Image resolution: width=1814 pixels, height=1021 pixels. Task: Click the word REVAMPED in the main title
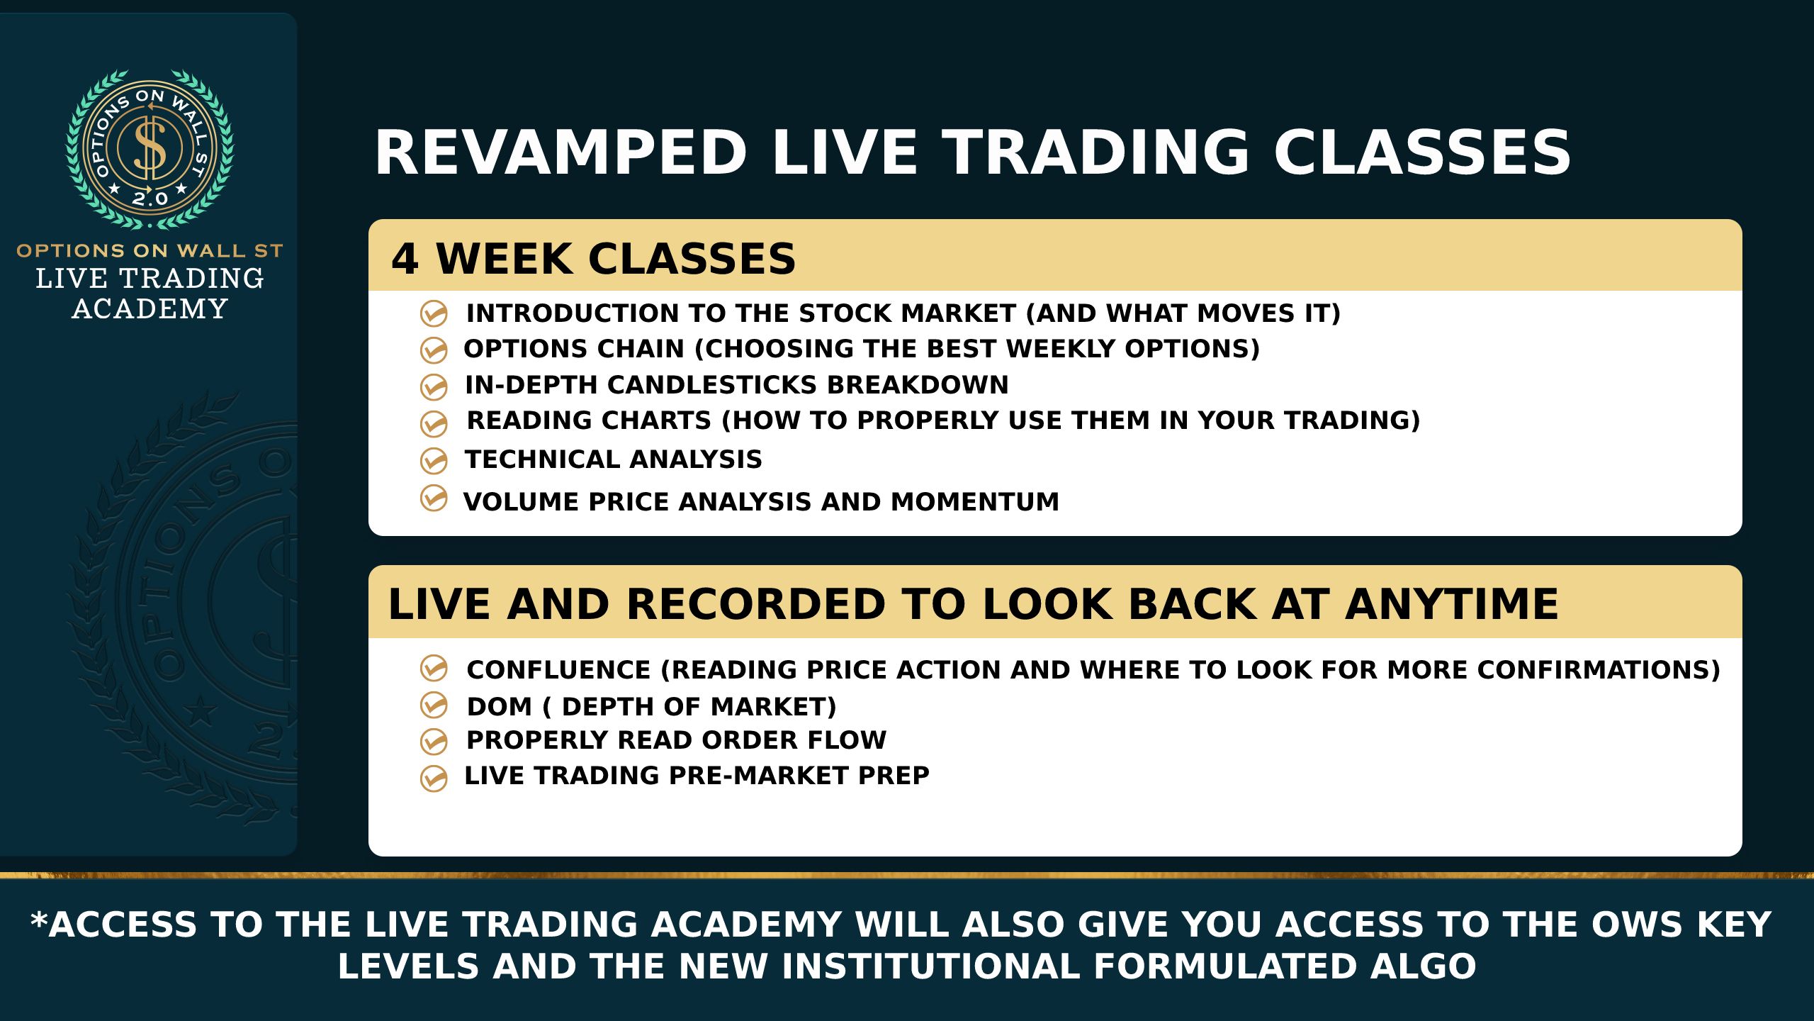560,152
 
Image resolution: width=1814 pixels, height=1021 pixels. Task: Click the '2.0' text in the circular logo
150,198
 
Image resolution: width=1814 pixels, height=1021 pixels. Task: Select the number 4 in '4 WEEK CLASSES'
405,259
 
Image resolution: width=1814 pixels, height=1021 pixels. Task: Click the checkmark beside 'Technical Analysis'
434,461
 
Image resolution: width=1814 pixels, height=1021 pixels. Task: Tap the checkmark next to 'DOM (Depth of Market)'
434,705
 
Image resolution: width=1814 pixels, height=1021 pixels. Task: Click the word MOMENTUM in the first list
975,502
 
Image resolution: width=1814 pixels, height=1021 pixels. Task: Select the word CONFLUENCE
558,670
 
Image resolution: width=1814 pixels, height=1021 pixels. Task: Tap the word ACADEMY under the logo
150,309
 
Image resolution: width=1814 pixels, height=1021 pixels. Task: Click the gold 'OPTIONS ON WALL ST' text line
150,250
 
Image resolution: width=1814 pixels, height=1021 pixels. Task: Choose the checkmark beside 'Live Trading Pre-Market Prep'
434,778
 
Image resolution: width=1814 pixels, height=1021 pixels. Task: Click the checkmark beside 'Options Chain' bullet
434,350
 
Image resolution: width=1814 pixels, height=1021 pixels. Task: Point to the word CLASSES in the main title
1423,152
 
